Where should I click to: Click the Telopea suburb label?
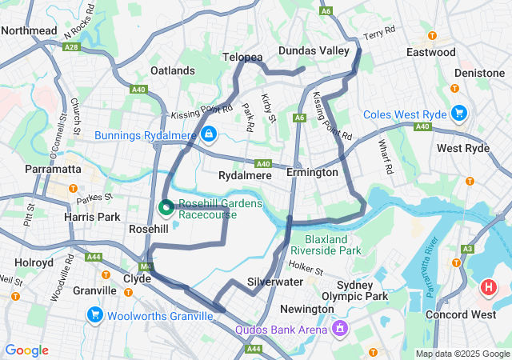coord(242,58)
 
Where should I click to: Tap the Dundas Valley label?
coord(314,50)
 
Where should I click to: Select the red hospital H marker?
coord(487,286)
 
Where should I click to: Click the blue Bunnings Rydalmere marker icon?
coord(208,134)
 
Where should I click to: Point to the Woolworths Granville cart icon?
coord(95,315)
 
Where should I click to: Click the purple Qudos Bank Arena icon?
coord(340,328)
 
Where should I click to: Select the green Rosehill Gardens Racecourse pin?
coord(166,208)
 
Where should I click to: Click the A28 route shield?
coord(72,47)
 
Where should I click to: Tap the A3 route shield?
coord(467,249)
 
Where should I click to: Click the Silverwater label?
coord(274,282)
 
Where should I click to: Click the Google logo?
coord(26,350)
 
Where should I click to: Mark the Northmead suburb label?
coord(29,30)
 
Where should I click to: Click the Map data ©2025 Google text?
coord(462,354)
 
